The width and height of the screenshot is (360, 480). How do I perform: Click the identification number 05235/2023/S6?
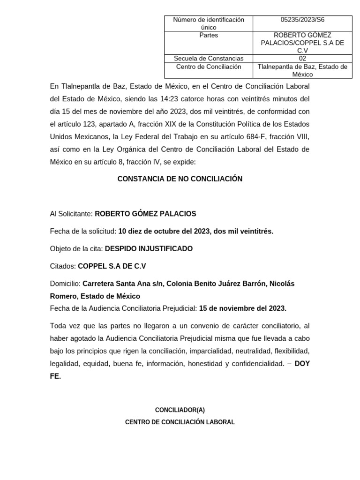click(x=302, y=20)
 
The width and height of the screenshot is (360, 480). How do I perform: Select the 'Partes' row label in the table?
click(x=209, y=35)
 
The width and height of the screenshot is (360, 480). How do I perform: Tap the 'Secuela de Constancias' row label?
click(x=209, y=59)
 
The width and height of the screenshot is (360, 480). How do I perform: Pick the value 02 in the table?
click(x=302, y=59)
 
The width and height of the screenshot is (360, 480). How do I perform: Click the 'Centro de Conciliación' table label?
click(x=209, y=67)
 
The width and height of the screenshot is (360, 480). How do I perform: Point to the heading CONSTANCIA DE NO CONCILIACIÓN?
click(x=180, y=179)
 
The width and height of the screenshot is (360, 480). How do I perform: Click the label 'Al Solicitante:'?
click(x=71, y=214)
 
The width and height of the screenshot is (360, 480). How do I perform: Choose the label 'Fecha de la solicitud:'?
click(x=83, y=231)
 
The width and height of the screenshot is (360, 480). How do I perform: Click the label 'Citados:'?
click(x=63, y=266)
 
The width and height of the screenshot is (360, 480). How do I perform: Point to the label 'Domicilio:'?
click(x=65, y=284)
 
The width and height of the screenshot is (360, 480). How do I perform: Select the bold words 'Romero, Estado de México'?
click(x=95, y=296)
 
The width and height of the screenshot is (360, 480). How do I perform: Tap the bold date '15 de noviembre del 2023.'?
click(x=242, y=308)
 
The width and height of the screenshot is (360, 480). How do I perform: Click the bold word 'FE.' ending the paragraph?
click(x=55, y=376)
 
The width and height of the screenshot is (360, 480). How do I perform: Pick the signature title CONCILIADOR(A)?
click(x=180, y=410)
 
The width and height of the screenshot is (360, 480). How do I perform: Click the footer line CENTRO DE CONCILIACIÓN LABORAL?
click(x=180, y=422)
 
